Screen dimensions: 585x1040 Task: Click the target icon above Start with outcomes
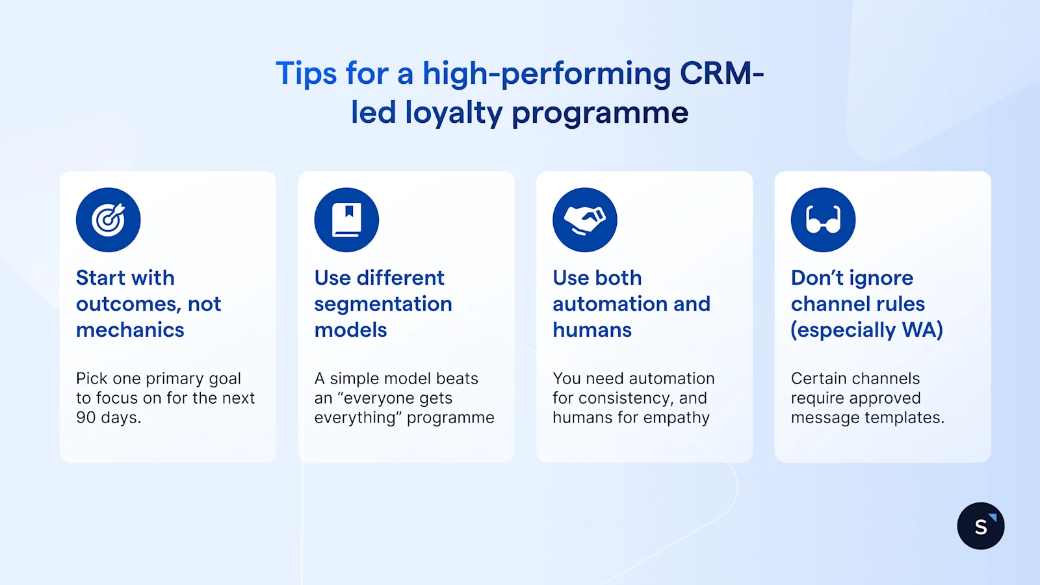pyautogui.click(x=108, y=220)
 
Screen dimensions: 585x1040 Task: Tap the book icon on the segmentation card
pyautogui.click(x=346, y=220)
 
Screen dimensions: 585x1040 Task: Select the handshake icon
pyautogui.click(x=584, y=220)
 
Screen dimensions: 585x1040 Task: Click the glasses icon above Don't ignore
pyautogui.click(x=823, y=220)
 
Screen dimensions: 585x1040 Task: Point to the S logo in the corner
pyautogui.click(x=980, y=526)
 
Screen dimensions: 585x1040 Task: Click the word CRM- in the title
pyautogui.click(x=721, y=73)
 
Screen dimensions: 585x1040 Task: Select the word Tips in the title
pyautogui.click(x=306, y=73)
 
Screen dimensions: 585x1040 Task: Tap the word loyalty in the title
pyautogui.click(x=454, y=113)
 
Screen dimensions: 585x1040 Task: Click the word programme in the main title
pyautogui.click(x=599, y=113)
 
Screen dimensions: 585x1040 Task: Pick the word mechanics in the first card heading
pyautogui.click(x=130, y=330)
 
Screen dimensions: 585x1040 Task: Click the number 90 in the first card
pyautogui.click(x=86, y=417)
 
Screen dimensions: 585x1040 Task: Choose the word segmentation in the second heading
pyautogui.click(x=383, y=304)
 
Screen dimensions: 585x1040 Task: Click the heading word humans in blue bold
pyautogui.click(x=592, y=330)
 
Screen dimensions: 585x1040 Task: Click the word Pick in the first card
pyautogui.click(x=92, y=378)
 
